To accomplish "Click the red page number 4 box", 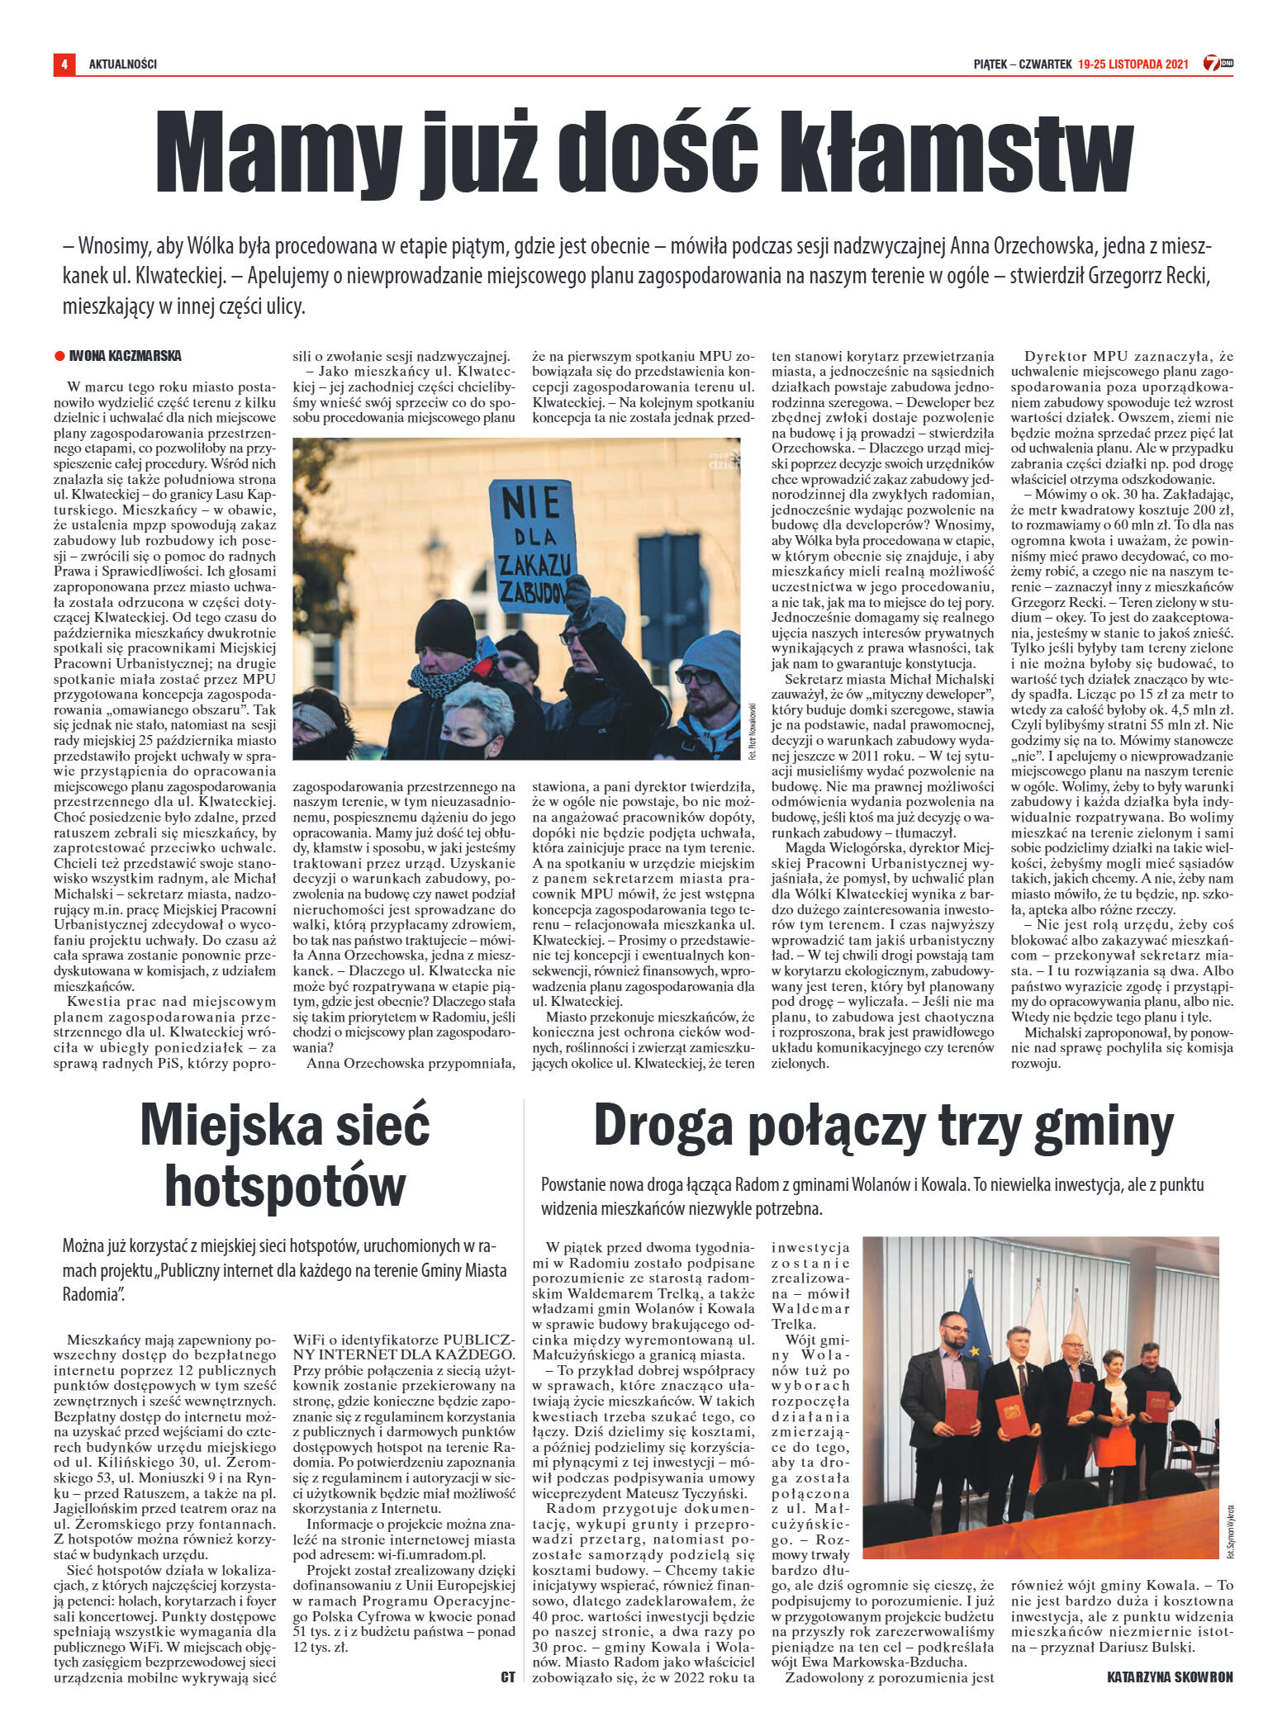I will (x=64, y=64).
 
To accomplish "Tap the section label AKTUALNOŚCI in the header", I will (x=123, y=64).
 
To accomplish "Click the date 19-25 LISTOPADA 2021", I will (x=1133, y=64).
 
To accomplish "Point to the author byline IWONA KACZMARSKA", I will (x=126, y=356).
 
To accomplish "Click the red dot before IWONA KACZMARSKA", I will (x=59, y=357).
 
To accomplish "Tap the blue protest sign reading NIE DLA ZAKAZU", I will (x=530, y=546).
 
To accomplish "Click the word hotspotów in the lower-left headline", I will (x=285, y=1186).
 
